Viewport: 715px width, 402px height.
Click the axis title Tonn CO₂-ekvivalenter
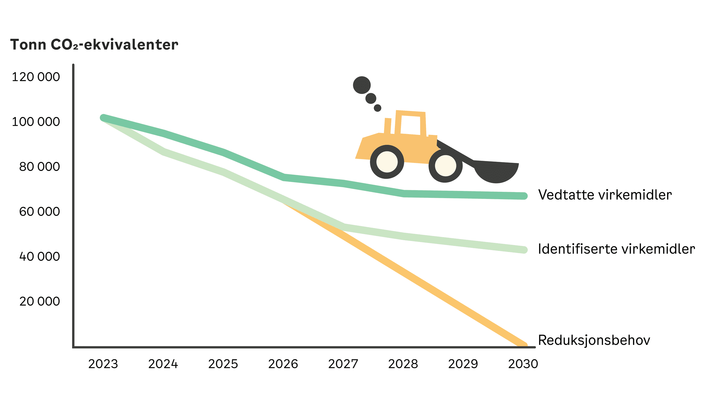click(94, 45)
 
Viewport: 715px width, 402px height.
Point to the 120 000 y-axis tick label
click(36, 77)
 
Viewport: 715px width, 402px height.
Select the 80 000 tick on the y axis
click(39, 167)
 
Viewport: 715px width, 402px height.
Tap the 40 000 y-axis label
click(39, 257)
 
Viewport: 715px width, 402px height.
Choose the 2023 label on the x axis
click(103, 364)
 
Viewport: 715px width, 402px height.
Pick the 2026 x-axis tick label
click(283, 364)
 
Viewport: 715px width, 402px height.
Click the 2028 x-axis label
click(403, 364)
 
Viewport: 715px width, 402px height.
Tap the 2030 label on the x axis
click(523, 364)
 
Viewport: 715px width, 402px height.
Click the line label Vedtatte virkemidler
click(605, 195)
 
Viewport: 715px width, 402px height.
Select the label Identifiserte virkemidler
click(617, 249)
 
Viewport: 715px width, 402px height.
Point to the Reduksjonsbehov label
click(594, 340)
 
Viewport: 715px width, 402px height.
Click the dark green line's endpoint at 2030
click(524, 196)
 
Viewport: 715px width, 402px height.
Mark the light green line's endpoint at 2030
click(524, 250)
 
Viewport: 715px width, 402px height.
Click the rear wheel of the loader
click(387, 162)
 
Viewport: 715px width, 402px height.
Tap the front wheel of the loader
click(446, 166)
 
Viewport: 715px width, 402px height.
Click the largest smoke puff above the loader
click(362, 85)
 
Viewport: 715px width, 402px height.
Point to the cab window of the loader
click(411, 125)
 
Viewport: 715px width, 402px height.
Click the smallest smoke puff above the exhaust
click(378, 108)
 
